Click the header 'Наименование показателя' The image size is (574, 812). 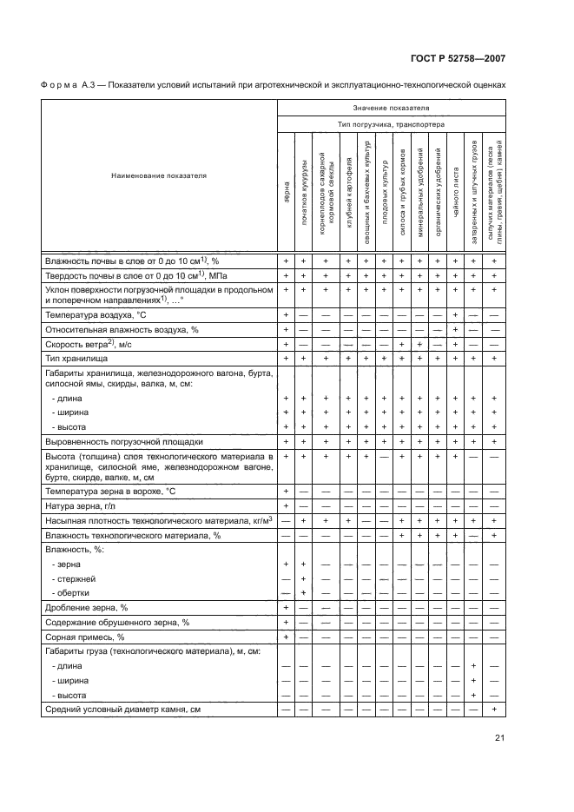(159, 176)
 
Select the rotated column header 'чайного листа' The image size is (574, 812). (456, 195)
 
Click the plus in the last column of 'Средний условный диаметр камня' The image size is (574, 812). (493, 710)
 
